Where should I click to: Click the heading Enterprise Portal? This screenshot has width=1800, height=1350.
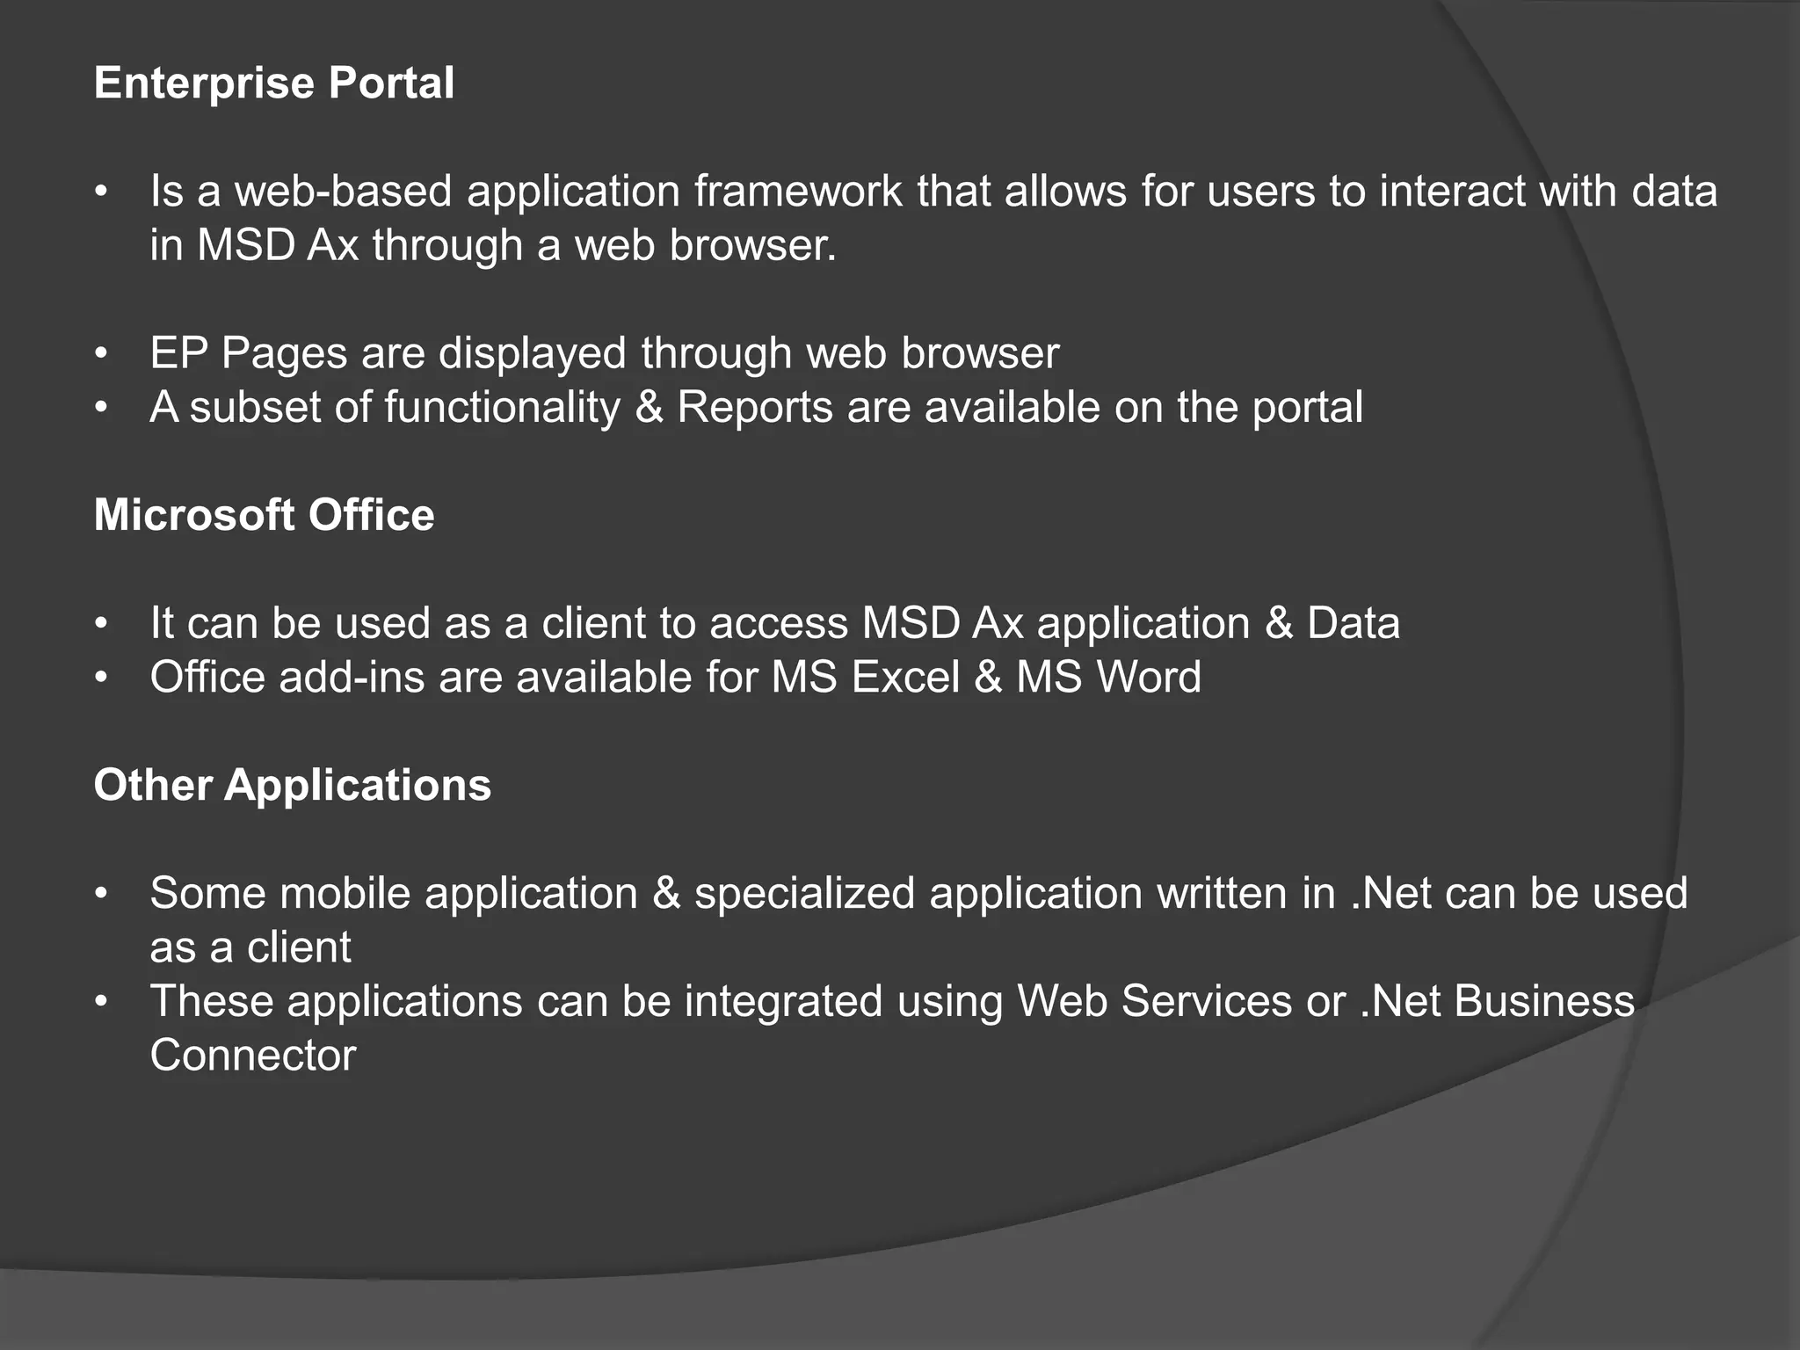tap(273, 83)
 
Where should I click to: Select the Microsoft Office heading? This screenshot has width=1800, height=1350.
tap(264, 515)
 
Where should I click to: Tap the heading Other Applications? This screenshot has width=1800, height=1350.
tap(292, 785)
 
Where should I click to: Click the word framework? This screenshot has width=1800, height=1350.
tap(798, 192)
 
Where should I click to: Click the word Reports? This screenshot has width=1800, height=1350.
tap(754, 408)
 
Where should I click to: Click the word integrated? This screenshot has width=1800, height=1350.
tap(783, 1002)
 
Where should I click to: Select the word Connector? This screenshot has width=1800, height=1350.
tap(253, 1056)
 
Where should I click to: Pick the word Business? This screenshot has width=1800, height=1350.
tap(1544, 1002)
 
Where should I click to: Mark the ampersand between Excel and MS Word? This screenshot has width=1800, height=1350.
tap(988, 678)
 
